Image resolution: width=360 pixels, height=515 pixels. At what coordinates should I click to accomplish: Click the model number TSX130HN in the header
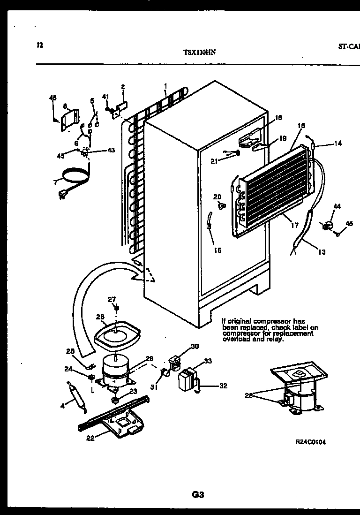200,53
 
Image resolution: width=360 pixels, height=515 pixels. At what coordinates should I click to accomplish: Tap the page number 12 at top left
40,45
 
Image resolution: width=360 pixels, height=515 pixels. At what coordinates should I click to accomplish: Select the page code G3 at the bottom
197,494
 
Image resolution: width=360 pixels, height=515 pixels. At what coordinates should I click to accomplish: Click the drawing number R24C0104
310,442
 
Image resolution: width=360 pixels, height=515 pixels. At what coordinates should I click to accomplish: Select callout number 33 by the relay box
208,361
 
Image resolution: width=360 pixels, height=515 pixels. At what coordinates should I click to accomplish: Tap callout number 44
337,206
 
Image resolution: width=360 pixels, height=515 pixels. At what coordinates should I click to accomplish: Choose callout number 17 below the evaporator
294,226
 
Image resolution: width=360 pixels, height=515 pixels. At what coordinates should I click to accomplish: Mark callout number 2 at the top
123,87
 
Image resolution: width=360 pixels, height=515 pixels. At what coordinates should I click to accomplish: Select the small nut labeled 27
116,308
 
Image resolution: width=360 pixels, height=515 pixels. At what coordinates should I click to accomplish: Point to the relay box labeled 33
187,378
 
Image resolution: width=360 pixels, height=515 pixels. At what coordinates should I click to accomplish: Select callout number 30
195,347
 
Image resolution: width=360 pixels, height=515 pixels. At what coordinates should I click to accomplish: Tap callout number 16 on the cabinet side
217,250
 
